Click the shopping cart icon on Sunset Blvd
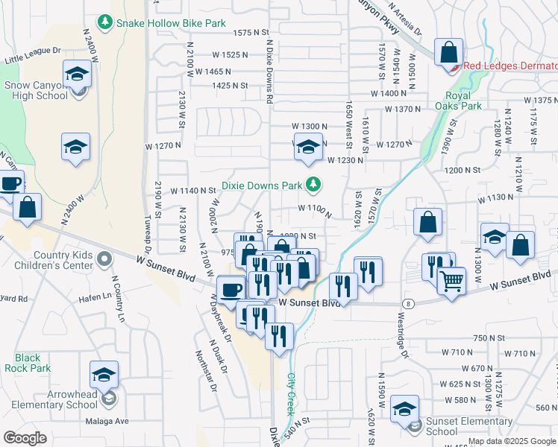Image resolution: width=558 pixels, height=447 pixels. pyautogui.click(x=451, y=280)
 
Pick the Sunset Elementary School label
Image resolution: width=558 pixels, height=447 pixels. pyautogui.click(x=452, y=426)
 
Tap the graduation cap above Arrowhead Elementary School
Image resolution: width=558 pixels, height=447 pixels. pyautogui.click(x=104, y=373)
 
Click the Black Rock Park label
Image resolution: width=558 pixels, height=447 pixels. pyautogui.click(x=28, y=363)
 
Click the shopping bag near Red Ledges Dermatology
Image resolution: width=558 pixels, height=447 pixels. pyautogui.click(x=449, y=52)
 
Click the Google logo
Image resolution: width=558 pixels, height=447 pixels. pyautogui.click(x=26, y=437)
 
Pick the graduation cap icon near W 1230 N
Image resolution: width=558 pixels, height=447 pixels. pyautogui.click(x=307, y=147)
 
